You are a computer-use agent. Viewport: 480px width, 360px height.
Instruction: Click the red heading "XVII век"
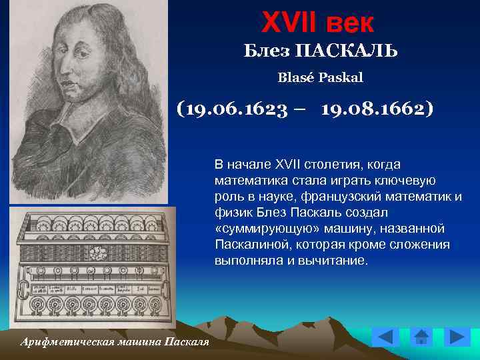[x=318, y=23]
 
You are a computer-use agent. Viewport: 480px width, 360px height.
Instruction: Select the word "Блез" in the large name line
[x=265, y=51]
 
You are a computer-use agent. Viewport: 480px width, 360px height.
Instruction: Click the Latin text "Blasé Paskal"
[x=320, y=78]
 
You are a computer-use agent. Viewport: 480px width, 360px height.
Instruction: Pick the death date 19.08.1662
[x=377, y=108]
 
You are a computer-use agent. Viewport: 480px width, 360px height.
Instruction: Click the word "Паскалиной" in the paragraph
[x=248, y=245]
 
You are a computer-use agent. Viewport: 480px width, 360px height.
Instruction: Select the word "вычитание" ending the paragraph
[x=337, y=261]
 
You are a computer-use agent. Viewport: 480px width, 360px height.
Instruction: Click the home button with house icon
[x=421, y=337]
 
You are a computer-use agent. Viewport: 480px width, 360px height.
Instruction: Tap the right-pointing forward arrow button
[x=457, y=337]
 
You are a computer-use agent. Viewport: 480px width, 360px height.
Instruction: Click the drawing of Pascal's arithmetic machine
[x=93, y=267]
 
